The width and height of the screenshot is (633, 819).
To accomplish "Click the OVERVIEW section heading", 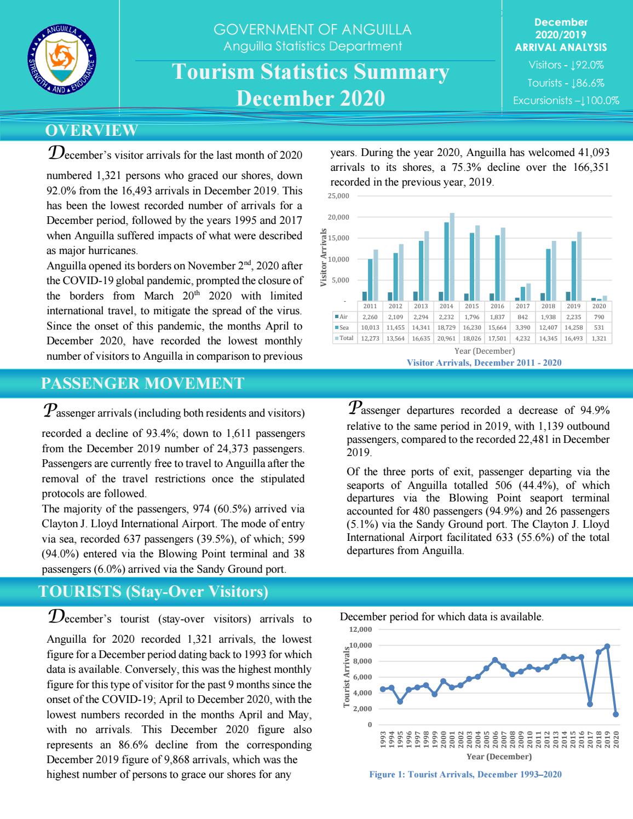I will click(x=91, y=130).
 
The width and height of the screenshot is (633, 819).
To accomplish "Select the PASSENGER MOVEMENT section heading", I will click(x=143, y=383).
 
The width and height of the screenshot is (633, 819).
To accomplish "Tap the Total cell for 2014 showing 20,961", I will click(x=446, y=338).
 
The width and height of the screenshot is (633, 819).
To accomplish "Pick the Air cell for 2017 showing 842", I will click(x=522, y=317).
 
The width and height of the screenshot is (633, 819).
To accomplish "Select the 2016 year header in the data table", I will click(x=497, y=307).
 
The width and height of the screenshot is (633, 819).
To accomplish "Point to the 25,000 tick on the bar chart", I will click(x=342, y=195).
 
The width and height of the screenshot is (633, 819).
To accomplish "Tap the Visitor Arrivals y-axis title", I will click(x=324, y=258).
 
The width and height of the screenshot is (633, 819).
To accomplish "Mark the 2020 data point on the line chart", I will click(x=615, y=714).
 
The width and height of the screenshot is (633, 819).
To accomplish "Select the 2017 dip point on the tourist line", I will click(x=590, y=704).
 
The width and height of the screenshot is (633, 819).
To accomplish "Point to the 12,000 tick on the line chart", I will click(x=361, y=630).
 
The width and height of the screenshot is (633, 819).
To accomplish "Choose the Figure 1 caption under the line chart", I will click(x=465, y=775).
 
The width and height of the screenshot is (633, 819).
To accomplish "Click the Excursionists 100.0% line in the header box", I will click(x=566, y=100).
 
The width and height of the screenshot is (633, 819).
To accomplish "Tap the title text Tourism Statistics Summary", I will click(x=310, y=72).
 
